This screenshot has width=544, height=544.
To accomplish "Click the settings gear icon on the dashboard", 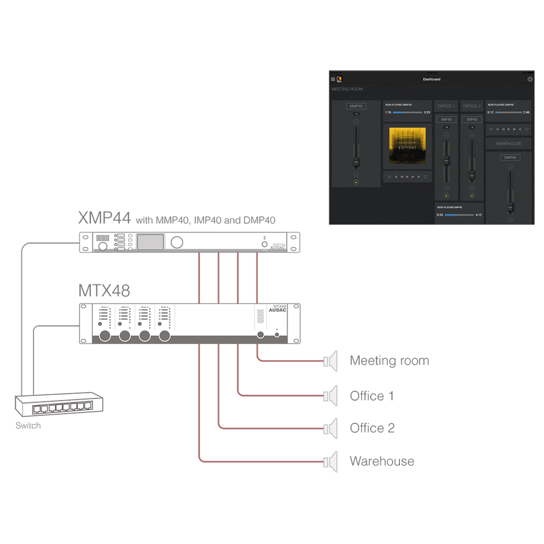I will (x=530, y=79).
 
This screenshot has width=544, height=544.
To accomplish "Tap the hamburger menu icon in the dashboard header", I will (x=333, y=79).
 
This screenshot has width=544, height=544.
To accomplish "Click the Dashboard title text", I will (x=431, y=79).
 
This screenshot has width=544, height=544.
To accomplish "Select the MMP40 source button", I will (x=356, y=107).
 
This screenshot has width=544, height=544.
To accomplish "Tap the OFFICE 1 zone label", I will (x=446, y=106).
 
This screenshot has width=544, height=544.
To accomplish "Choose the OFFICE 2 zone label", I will (x=472, y=106).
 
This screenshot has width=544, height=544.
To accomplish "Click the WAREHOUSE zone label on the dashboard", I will (x=509, y=144).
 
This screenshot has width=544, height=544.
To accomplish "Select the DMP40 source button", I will (x=510, y=158).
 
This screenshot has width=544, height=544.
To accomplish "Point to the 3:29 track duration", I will (x=426, y=112).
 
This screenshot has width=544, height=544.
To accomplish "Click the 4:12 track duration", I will (x=479, y=215).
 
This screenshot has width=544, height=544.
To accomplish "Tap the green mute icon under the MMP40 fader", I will (x=356, y=182).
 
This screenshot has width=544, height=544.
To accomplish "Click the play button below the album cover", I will (x=407, y=176).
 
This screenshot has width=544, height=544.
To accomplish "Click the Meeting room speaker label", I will (x=390, y=361).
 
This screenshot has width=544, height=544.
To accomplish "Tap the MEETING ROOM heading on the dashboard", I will (x=347, y=89).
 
